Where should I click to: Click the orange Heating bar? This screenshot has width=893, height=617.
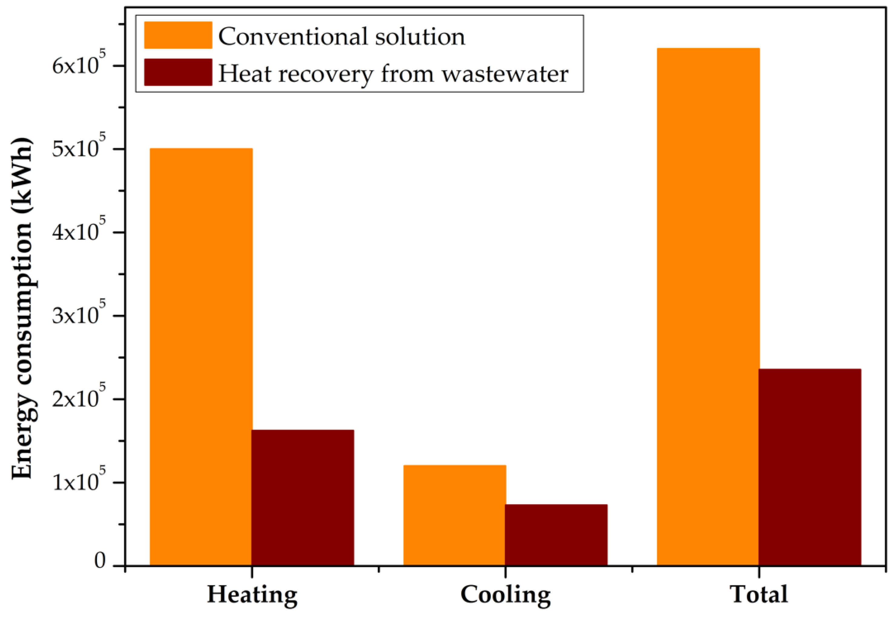[x=201, y=356]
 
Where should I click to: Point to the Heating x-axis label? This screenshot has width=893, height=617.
[x=252, y=595]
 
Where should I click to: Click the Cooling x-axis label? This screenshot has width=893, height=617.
[x=506, y=595]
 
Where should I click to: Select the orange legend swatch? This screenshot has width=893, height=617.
[x=178, y=35]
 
